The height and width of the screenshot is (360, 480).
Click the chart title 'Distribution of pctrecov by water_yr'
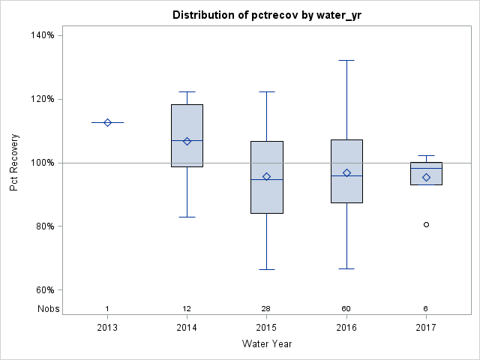pyautogui.click(x=266, y=15)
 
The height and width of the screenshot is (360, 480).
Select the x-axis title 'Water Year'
pyautogui.click(x=266, y=343)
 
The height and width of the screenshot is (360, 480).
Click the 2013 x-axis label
pyautogui.click(x=107, y=327)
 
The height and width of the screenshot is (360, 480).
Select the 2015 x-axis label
pyautogui.click(x=266, y=327)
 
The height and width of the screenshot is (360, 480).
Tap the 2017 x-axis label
pyautogui.click(x=426, y=327)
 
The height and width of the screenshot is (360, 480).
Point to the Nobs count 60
pyautogui.click(x=346, y=308)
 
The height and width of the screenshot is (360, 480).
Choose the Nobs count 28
pyautogui.click(x=266, y=308)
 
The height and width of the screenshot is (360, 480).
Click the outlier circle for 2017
pyautogui.click(x=426, y=224)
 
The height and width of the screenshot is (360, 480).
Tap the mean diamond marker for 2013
pyautogui.click(x=107, y=122)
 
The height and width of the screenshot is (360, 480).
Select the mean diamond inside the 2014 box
pyautogui.click(x=187, y=141)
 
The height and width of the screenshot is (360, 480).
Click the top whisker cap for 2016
pyautogui.click(x=346, y=60)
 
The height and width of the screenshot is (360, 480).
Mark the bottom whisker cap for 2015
pyautogui.click(x=266, y=269)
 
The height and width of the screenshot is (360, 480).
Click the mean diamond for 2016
pyautogui.click(x=346, y=172)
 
